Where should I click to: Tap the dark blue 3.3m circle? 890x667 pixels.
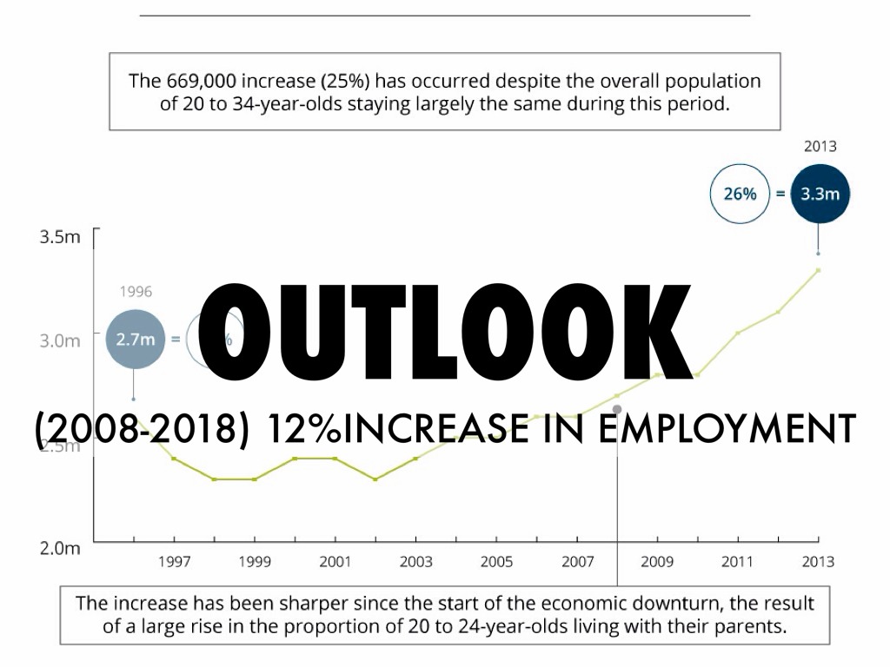coord(819,195)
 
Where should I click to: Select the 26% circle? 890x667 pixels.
coord(740,195)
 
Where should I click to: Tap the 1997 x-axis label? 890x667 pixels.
coord(174,562)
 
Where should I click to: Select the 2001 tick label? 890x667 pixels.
coord(335,562)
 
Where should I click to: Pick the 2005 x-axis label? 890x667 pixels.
coord(496,562)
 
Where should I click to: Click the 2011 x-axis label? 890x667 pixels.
coord(737,562)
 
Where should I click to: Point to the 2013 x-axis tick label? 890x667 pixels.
coord(817,562)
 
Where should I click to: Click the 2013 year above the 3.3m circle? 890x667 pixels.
coord(820,147)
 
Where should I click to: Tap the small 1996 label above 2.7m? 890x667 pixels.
coord(135,293)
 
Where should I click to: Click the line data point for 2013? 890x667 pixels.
coord(818,270)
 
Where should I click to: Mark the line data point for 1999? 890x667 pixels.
coord(255,479)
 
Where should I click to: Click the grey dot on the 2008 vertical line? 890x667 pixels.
coord(617,408)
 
